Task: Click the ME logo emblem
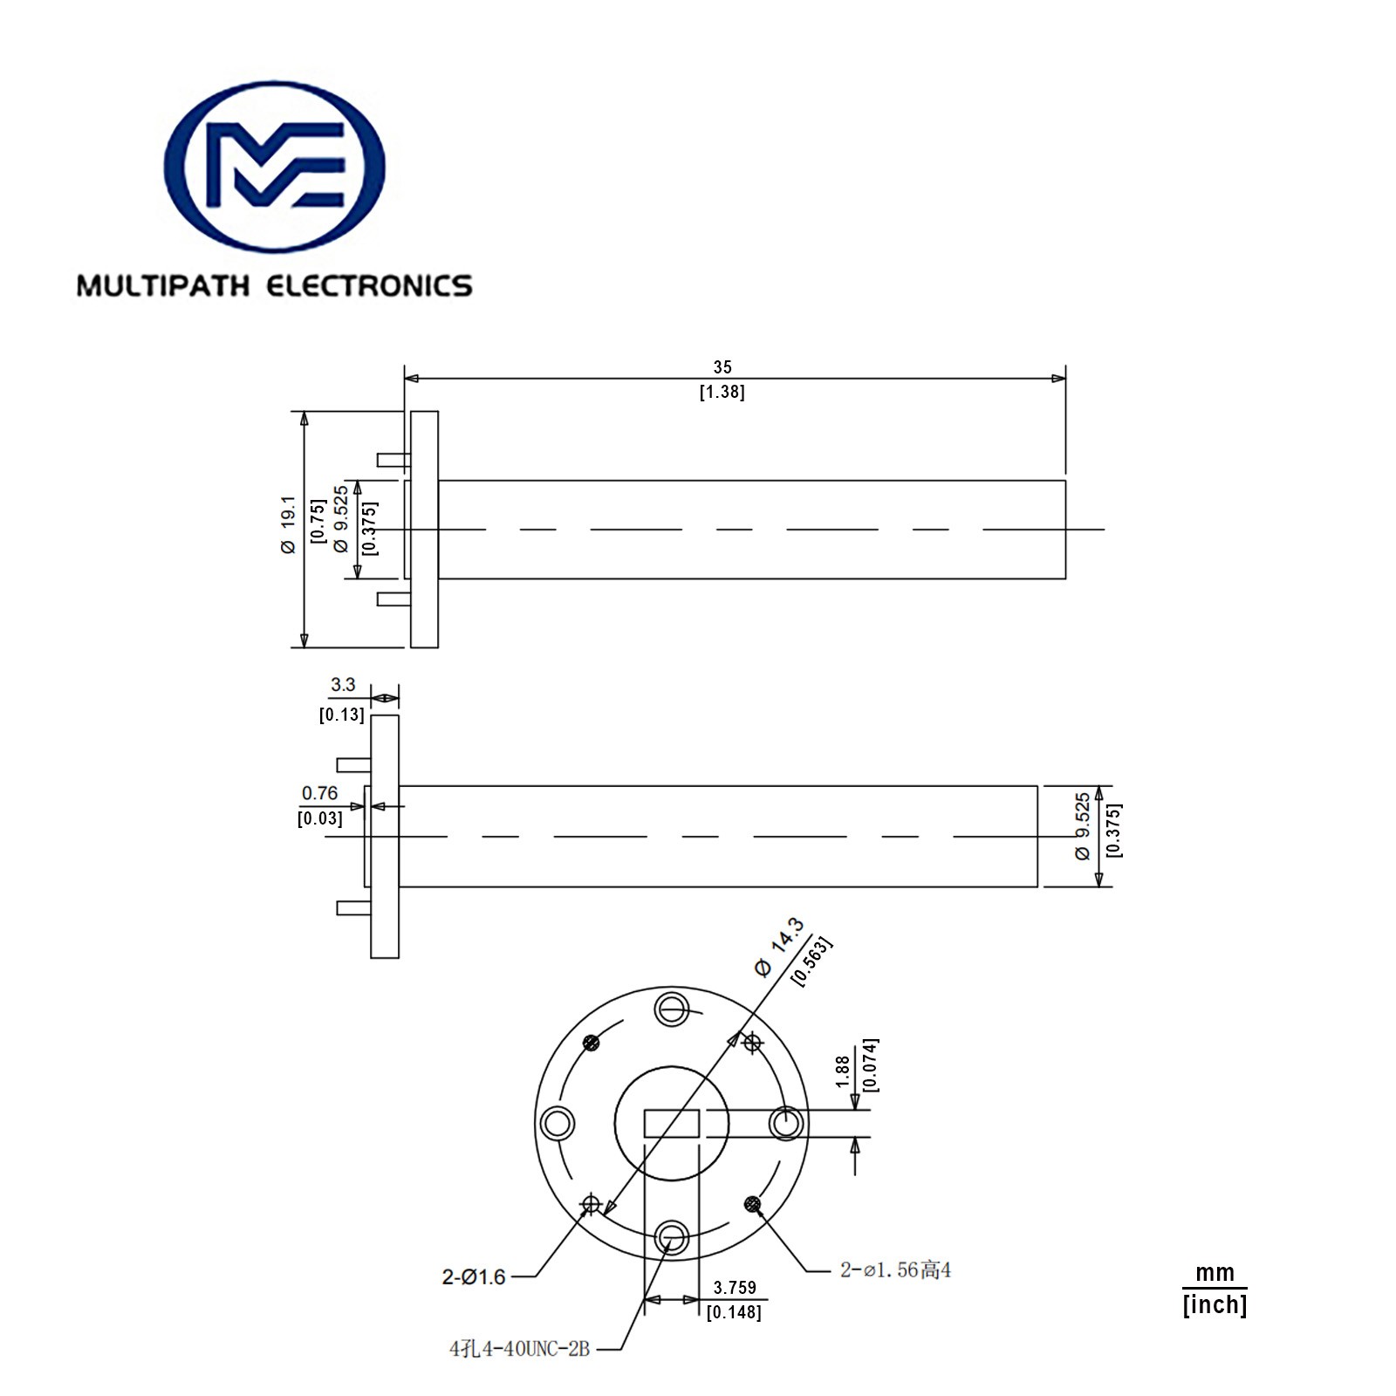[x=274, y=167]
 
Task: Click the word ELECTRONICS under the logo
[x=368, y=286]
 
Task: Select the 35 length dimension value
[x=722, y=367]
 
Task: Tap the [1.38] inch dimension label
[x=722, y=392]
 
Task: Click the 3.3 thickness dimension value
[x=343, y=685]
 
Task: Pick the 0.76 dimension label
[x=319, y=793]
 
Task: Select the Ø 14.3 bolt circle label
[x=778, y=947]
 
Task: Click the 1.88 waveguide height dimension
[x=842, y=1071]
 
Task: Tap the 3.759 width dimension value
[x=735, y=1288]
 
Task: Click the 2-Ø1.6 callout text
[x=474, y=1277]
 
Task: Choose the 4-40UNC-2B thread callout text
[x=520, y=1349]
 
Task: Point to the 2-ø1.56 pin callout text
[x=895, y=1270]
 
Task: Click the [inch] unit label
[x=1215, y=1305]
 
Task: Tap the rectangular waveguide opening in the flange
[x=672, y=1123]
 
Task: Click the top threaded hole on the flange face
[x=672, y=1009]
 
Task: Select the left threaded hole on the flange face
[x=558, y=1123]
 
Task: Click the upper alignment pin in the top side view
[x=393, y=460]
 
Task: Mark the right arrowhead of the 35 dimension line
[x=1058, y=379]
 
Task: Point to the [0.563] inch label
[x=811, y=961]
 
